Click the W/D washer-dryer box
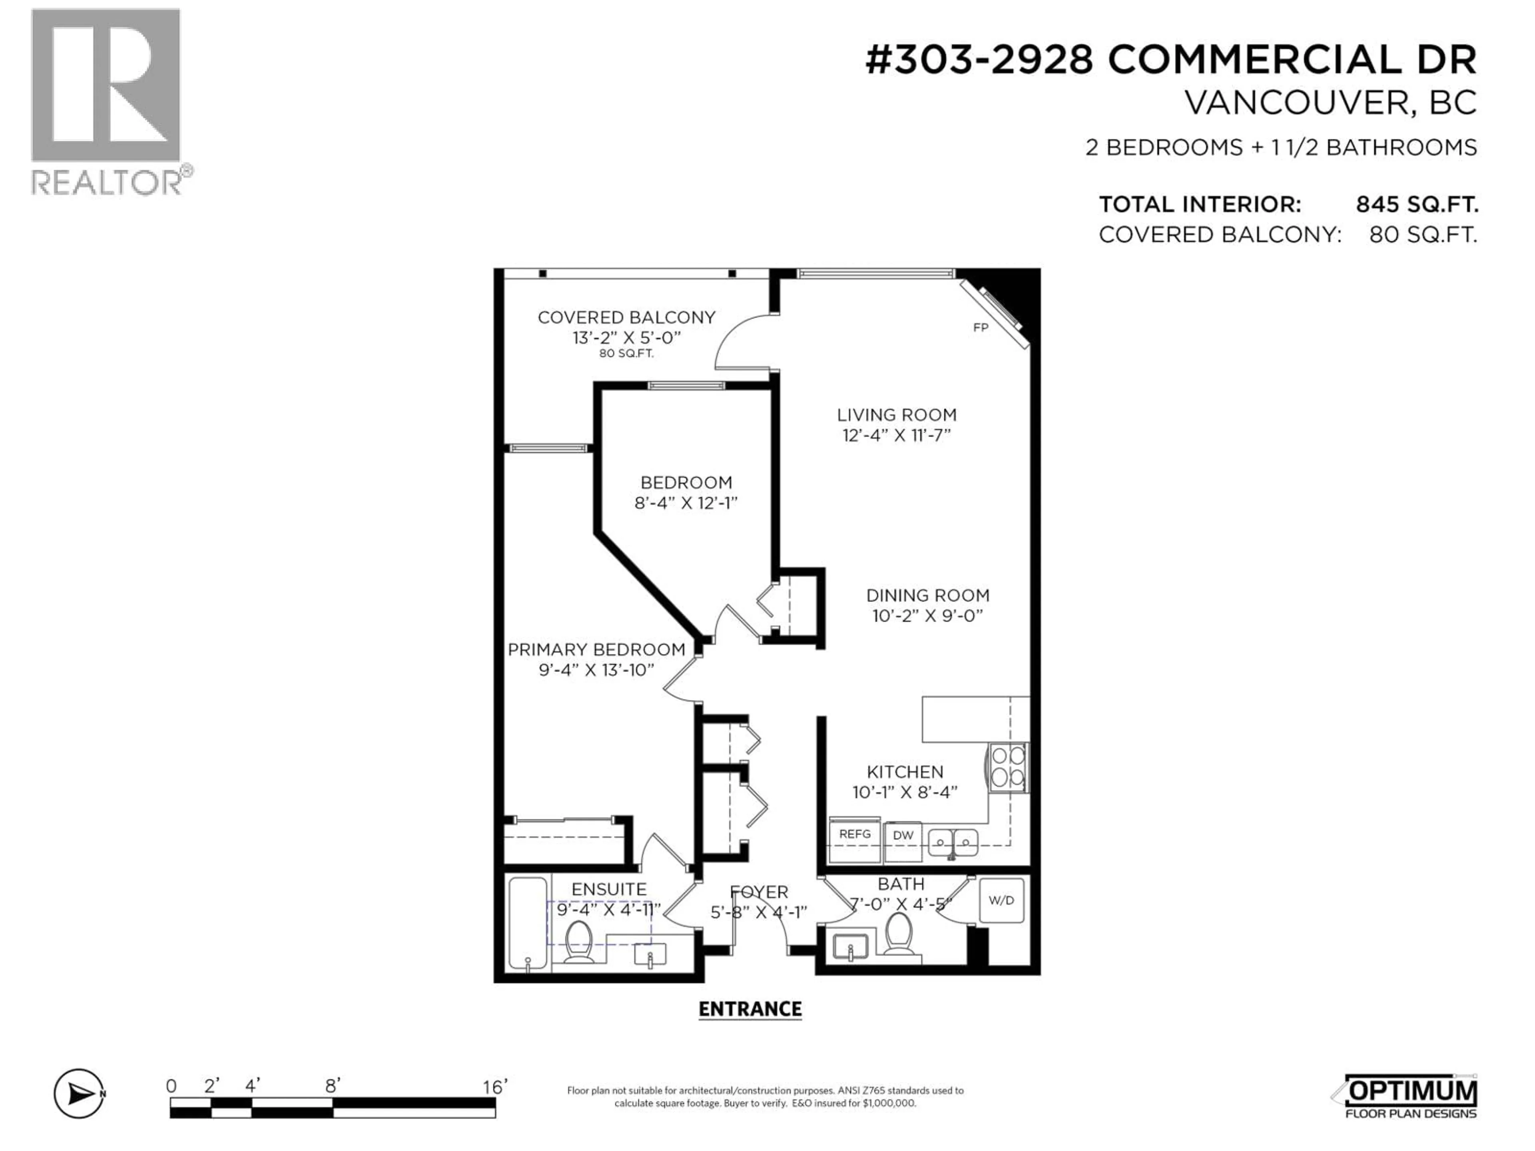(x=1001, y=900)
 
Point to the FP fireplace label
(x=980, y=327)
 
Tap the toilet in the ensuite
(x=578, y=942)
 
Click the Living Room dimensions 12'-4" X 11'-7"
(x=896, y=435)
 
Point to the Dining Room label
(x=927, y=595)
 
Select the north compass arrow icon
(x=80, y=1094)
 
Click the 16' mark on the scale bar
(x=495, y=1087)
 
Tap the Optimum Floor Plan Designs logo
(x=1409, y=1097)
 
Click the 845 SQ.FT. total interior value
(x=1416, y=205)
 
